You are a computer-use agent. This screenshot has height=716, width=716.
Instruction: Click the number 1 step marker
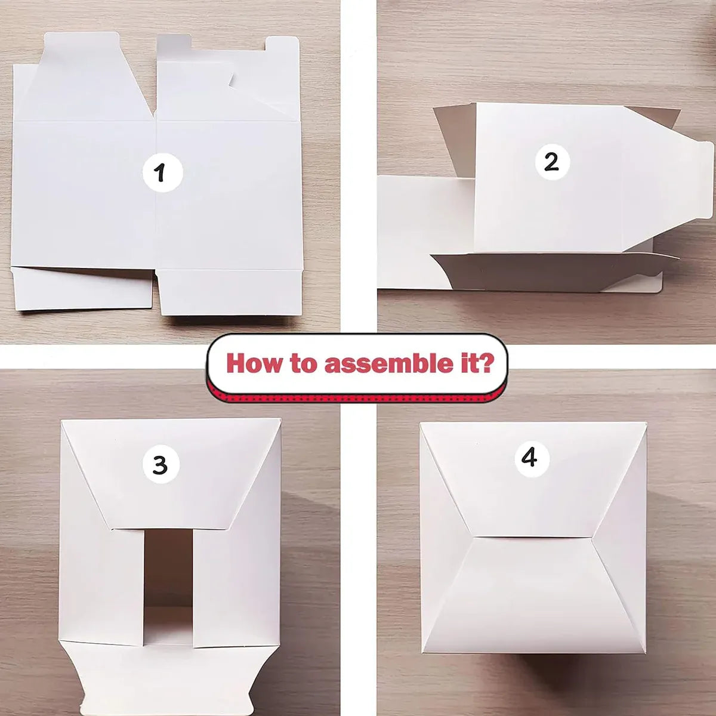pyautogui.click(x=163, y=172)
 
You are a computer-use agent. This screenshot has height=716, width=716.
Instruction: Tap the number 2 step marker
pyautogui.click(x=552, y=163)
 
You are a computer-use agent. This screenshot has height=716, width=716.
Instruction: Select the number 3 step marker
pyautogui.click(x=161, y=464)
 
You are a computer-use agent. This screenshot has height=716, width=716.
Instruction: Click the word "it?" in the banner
pyautogui.click(x=480, y=363)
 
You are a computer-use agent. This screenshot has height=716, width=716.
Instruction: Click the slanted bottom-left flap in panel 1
pyautogui.click(x=82, y=288)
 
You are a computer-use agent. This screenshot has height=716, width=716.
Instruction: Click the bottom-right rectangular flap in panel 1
pyautogui.click(x=230, y=292)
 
